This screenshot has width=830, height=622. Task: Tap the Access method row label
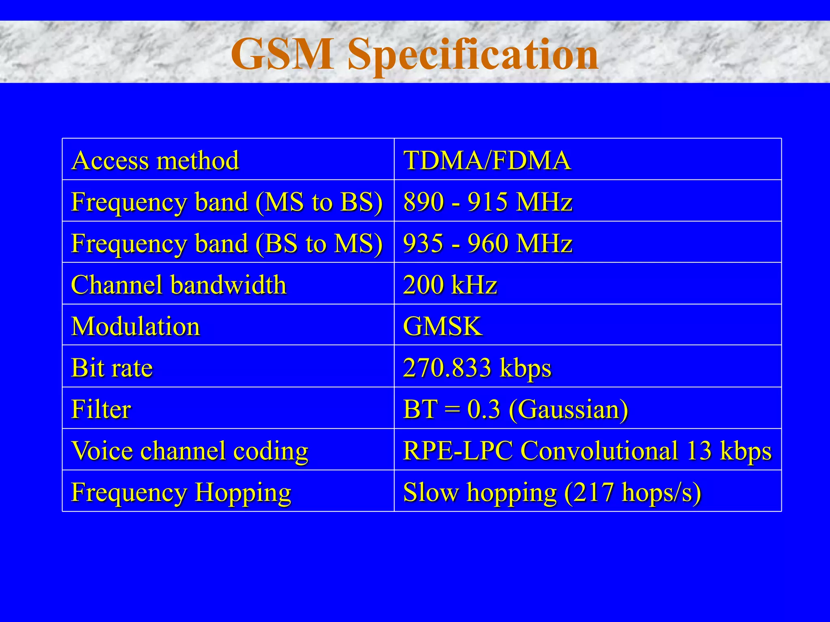[x=155, y=160]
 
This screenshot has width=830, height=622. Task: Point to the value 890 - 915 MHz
[x=488, y=201]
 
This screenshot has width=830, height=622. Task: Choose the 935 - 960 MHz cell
[x=488, y=243]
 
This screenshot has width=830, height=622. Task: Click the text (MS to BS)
[x=319, y=202]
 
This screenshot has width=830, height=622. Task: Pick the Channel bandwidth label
[x=179, y=284]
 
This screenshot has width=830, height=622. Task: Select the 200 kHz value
[x=450, y=284]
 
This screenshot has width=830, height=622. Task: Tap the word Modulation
[x=136, y=326]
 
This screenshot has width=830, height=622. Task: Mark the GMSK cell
[x=443, y=326]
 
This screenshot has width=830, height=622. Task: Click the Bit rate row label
[x=112, y=368]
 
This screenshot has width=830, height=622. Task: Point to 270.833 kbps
[x=477, y=368]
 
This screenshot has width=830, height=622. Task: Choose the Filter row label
[x=101, y=409]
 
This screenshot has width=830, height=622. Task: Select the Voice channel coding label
[x=190, y=451]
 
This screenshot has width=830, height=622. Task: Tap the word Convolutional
[x=599, y=450]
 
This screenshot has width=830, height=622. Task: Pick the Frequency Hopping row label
[x=181, y=492]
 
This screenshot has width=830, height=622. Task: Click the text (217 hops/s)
[x=633, y=493]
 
